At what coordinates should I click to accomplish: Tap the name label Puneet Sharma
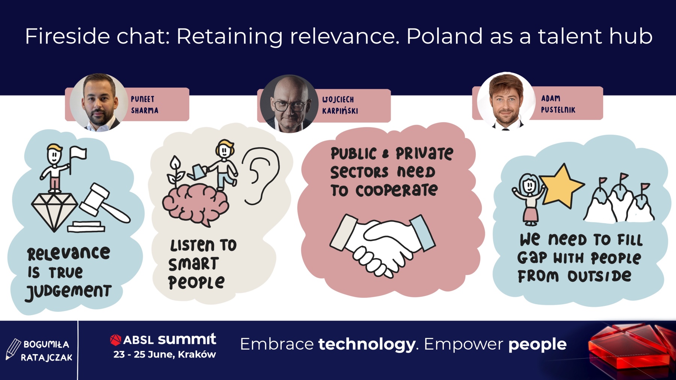pyautogui.click(x=145, y=105)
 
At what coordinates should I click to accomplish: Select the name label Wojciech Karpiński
pyautogui.click(x=340, y=105)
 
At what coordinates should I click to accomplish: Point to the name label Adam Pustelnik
pyautogui.click(x=558, y=104)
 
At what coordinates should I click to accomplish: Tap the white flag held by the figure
pyautogui.click(x=78, y=153)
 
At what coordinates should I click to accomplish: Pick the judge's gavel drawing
pyautogui.click(x=101, y=208)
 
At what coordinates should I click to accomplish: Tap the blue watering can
pyautogui.click(x=197, y=171)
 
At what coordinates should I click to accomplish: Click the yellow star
pyautogui.click(x=562, y=186)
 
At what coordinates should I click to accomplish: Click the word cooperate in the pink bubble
pyautogui.click(x=397, y=191)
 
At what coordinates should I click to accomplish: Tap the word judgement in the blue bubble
pyautogui.click(x=69, y=292)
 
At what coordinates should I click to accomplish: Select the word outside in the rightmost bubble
pyautogui.click(x=599, y=276)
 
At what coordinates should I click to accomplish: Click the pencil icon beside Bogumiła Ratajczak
pyautogui.click(x=13, y=349)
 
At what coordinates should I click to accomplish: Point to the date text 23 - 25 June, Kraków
pyautogui.click(x=164, y=354)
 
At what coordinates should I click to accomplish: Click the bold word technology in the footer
pyautogui.click(x=367, y=344)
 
